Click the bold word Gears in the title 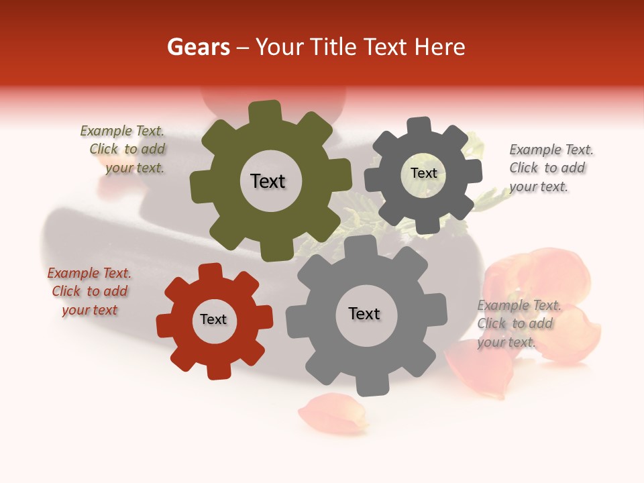pyautogui.click(x=197, y=47)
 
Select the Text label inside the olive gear pyautogui.click(x=268, y=181)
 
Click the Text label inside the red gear pyautogui.click(x=213, y=319)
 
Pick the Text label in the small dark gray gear pyautogui.click(x=423, y=173)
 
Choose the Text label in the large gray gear pyautogui.click(x=364, y=313)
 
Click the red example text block pyautogui.click(x=90, y=291)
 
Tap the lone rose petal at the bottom pyautogui.click(x=333, y=413)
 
